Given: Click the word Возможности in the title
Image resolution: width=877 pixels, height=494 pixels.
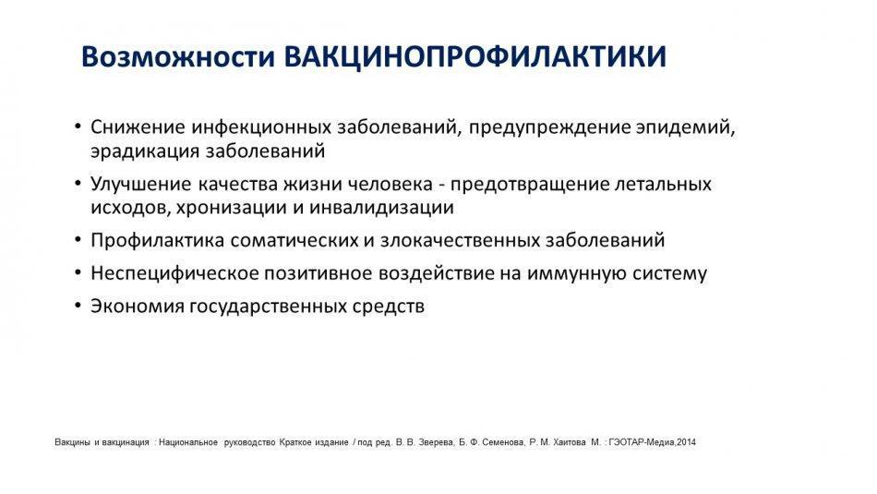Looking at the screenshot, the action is pos(178,56).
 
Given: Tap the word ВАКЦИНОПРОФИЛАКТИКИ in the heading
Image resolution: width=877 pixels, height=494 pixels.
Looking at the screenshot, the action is pos(475,57).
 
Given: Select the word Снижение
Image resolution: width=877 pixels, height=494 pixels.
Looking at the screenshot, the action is pos(138,127).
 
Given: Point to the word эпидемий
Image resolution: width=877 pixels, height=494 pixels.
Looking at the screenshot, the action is pos(685,128).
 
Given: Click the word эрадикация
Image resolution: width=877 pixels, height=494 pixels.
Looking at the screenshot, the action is pos(145,151).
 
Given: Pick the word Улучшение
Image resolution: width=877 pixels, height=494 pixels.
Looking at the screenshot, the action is pos(141,184).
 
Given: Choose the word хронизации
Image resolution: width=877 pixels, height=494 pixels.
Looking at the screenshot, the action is pos(232,208).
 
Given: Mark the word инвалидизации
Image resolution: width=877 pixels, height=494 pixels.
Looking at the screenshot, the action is pos(381,208).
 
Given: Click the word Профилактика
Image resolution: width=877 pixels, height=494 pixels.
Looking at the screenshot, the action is pos(158,241).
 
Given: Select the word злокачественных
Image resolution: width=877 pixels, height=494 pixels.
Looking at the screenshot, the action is pos(460,241).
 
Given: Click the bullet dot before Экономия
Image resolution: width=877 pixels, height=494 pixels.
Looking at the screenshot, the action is pos(78,307).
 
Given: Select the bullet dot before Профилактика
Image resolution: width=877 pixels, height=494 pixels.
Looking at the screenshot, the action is pos(78,241).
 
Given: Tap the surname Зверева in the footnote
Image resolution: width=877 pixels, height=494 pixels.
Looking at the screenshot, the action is pos(434,442).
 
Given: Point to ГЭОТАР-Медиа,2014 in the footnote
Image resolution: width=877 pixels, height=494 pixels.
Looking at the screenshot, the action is pos(652,442).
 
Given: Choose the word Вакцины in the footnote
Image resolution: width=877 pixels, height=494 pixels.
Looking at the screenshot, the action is pos(73,442).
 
